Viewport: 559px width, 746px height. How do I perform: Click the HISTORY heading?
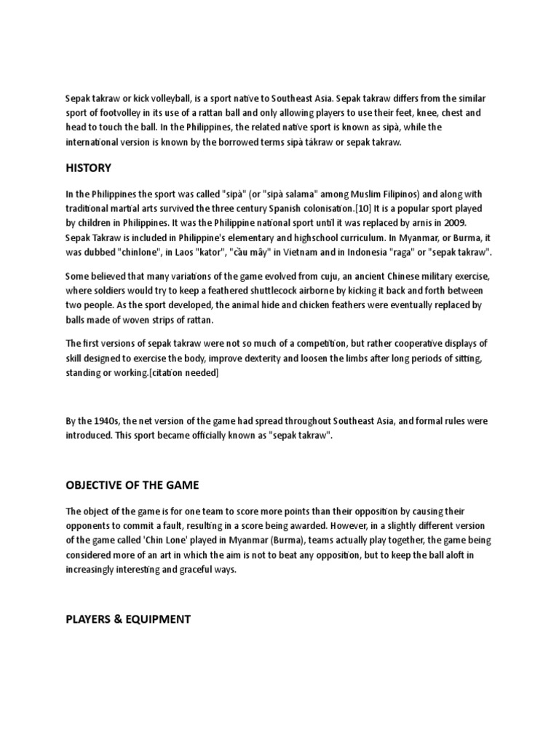coord(88,168)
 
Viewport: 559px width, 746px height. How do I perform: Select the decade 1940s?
coord(101,422)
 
